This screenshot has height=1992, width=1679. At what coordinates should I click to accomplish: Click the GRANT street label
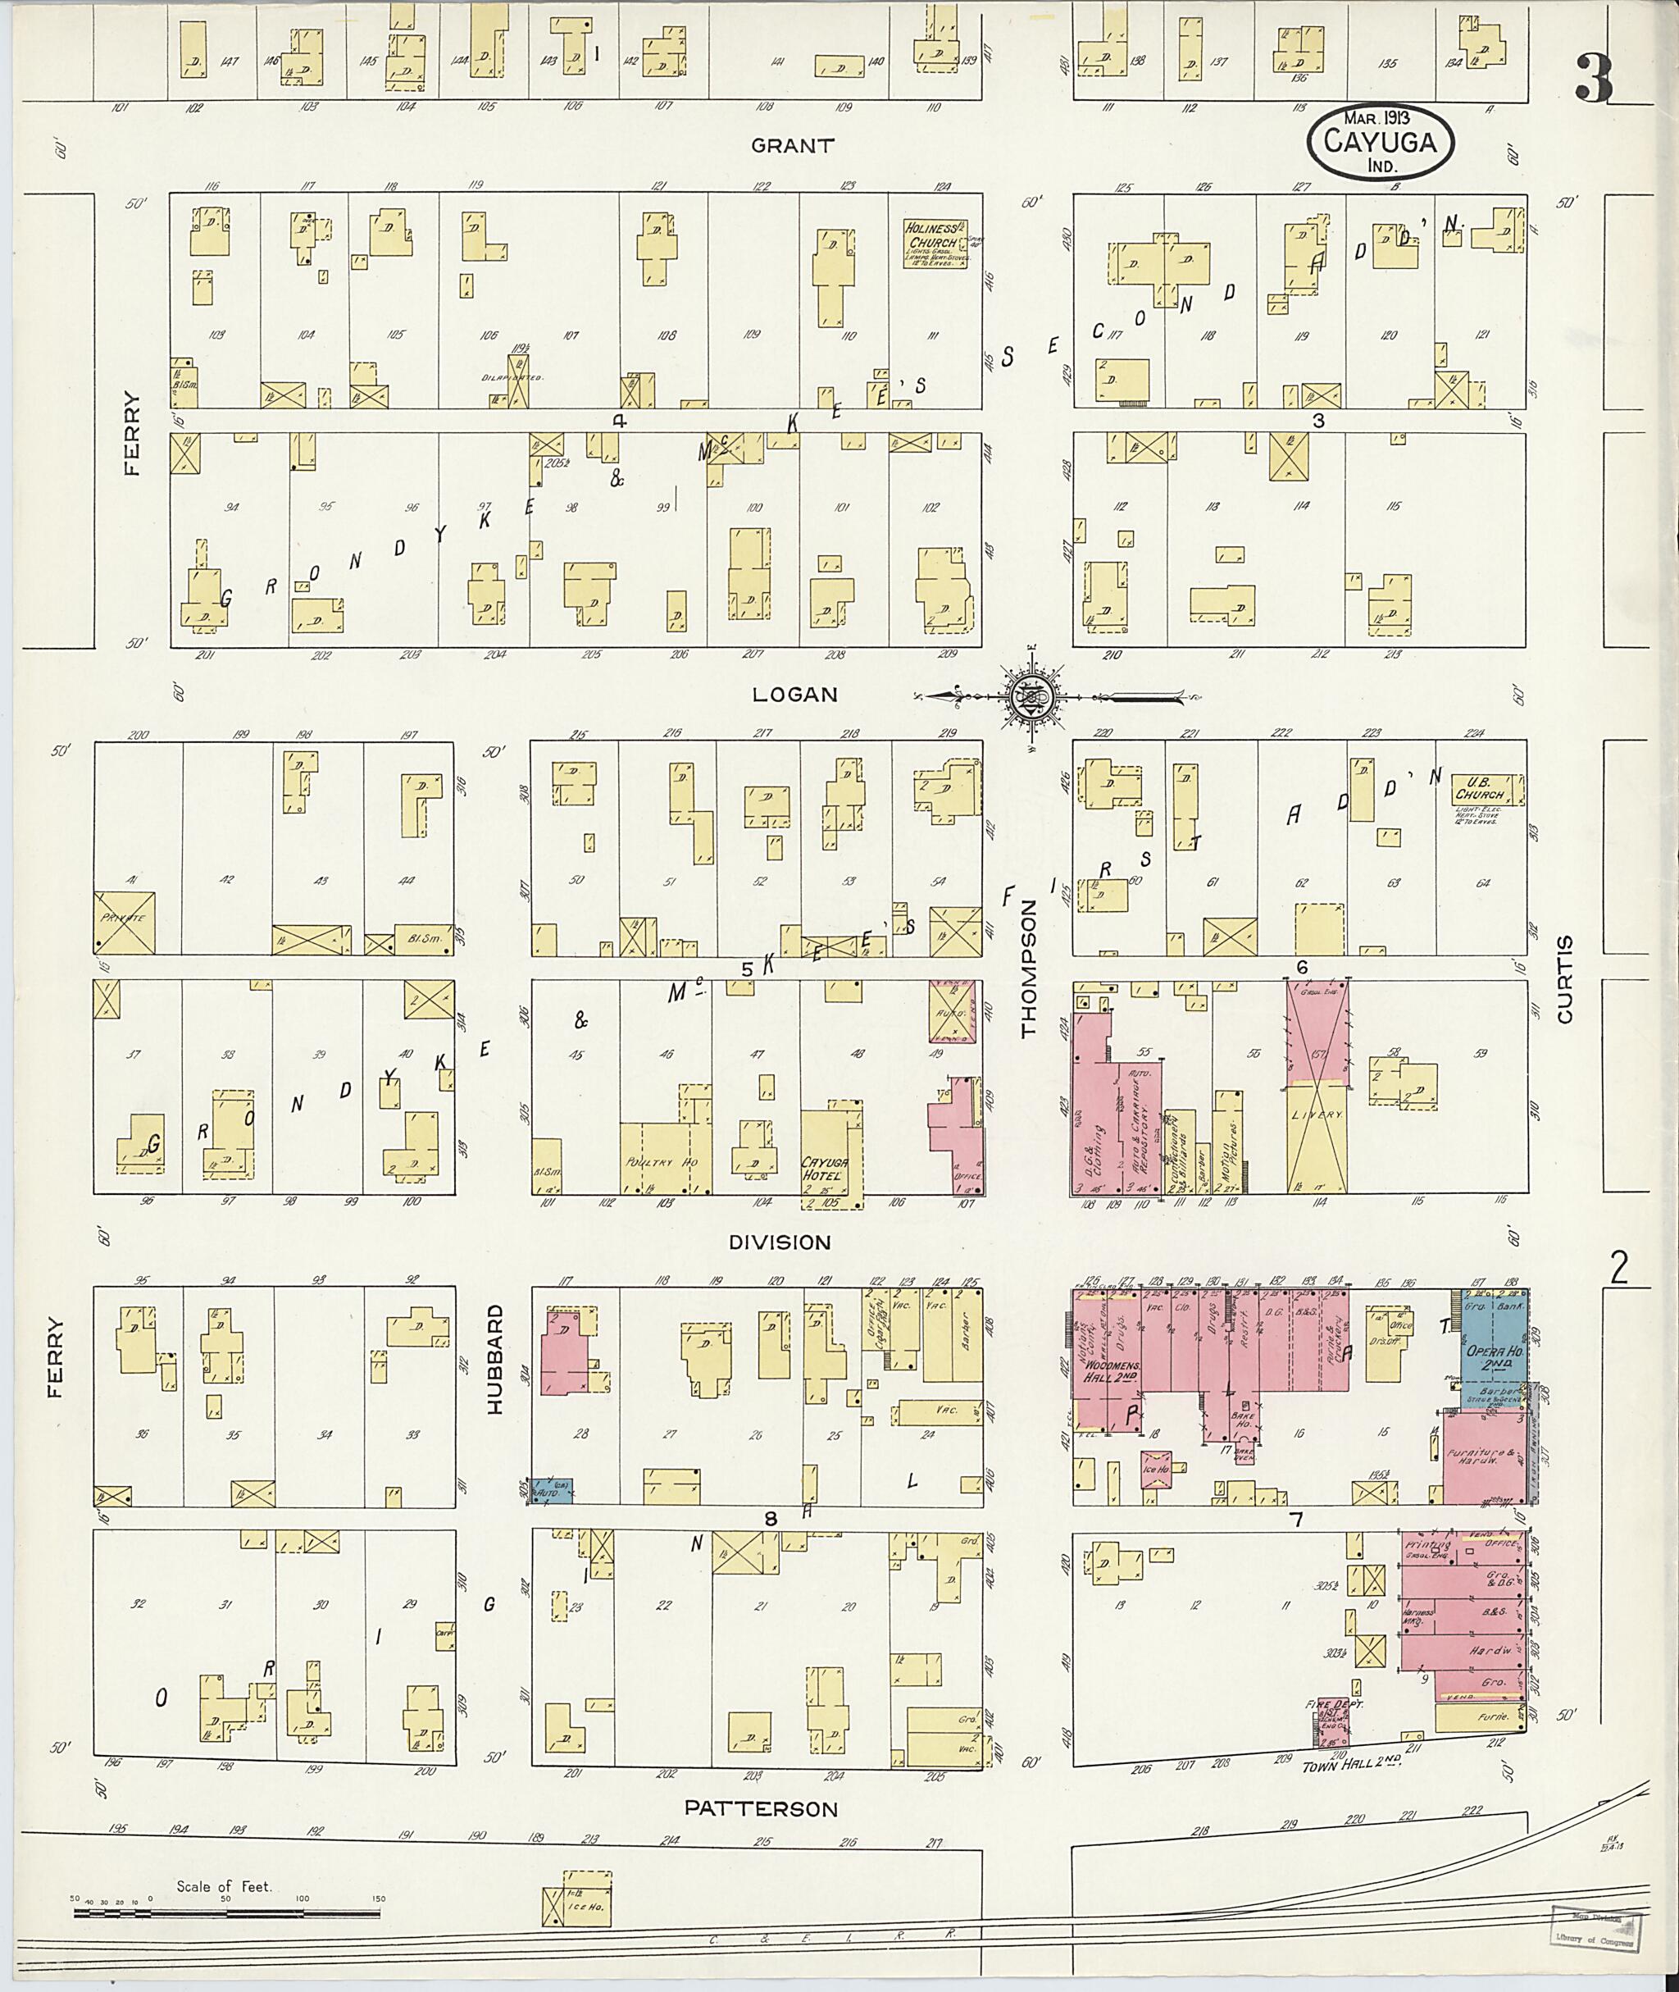[x=792, y=146]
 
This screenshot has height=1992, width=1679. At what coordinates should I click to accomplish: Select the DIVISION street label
[x=780, y=1242]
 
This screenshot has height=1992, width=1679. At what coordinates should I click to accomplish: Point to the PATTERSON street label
[x=762, y=1807]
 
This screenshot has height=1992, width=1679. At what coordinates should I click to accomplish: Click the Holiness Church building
[x=934, y=242]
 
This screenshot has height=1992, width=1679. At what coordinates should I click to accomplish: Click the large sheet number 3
[x=1594, y=78]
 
